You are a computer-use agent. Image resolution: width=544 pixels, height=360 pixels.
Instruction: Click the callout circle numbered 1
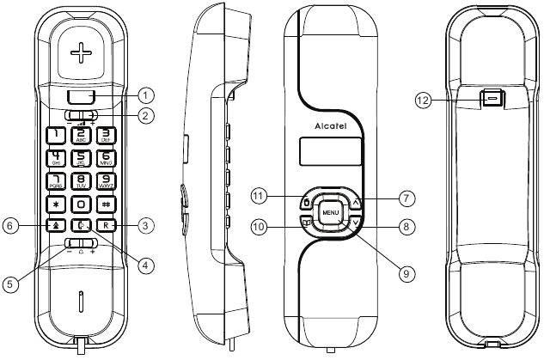pyautogui.click(x=147, y=94)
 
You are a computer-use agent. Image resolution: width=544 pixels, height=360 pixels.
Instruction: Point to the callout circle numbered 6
pyautogui.click(x=11, y=225)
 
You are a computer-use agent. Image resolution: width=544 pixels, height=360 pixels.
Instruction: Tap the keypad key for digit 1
pyautogui.click(x=56, y=135)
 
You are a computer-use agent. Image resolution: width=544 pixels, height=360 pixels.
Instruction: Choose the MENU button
pyautogui.click(x=331, y=211)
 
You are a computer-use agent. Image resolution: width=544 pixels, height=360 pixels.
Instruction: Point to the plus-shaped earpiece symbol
pyautogui.click(x=81, y=53)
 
